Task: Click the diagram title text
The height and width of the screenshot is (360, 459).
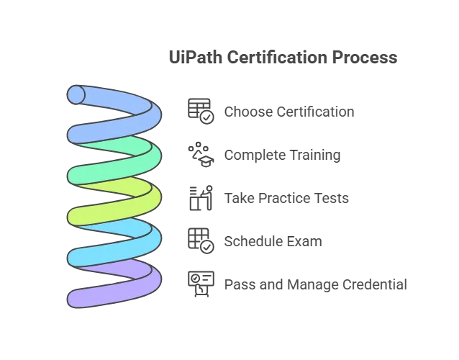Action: [x=283, y=55]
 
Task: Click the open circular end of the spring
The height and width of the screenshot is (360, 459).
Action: [x=77, y=94]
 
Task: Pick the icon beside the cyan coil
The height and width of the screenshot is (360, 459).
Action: [x=198, y=240]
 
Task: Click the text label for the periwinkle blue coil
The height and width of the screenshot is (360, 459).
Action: [x=290, y=112]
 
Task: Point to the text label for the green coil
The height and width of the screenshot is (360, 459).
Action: [x=285, y=155]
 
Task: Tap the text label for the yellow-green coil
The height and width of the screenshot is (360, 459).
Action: [x=287, y=198]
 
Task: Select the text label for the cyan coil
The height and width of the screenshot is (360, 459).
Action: [x=272, y=240]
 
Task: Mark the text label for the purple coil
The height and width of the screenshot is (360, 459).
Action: [x=316, y=284]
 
